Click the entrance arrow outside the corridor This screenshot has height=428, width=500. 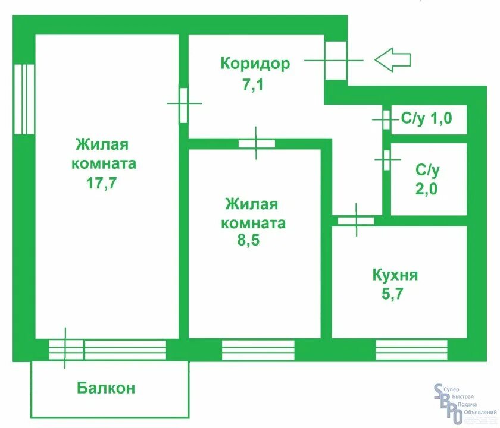pyautogui.click(x=393, y=59)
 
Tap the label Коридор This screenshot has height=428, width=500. pyautogui.click(x=255, y=63)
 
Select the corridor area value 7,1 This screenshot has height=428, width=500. pyautogui.click(x=252, y=85)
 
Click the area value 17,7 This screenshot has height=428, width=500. pyautogui.click(x=101, y=182)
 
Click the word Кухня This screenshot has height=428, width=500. pyautogui.click(x=395, y=275)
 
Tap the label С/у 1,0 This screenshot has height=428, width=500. pyautogui.click(x=426, y=118)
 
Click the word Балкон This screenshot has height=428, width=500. pyautogui.click(x=106, y=388)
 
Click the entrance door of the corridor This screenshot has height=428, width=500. pyautogui.click(x=335, y=60)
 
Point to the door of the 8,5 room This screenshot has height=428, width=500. pyautogui.click(x=257, y=143)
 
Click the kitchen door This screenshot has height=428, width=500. pyautogui.click(x=356, y=221)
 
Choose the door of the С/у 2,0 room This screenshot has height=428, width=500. pyautogui.click(x=386, y=159)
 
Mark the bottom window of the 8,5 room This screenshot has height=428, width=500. pyautogui.click(x=258, y=350)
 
